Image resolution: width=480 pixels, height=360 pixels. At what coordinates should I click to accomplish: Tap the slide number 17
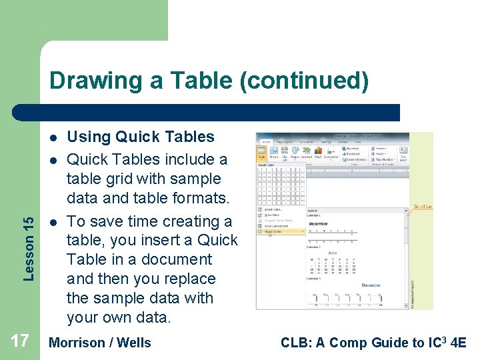tap(20, 341)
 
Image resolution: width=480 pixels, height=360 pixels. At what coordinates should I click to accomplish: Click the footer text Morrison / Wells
tap(100, 343)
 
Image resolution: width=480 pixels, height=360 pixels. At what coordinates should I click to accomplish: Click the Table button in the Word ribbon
tap(262, 153)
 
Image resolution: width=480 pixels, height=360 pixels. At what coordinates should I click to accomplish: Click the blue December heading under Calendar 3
tap(370, 285)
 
